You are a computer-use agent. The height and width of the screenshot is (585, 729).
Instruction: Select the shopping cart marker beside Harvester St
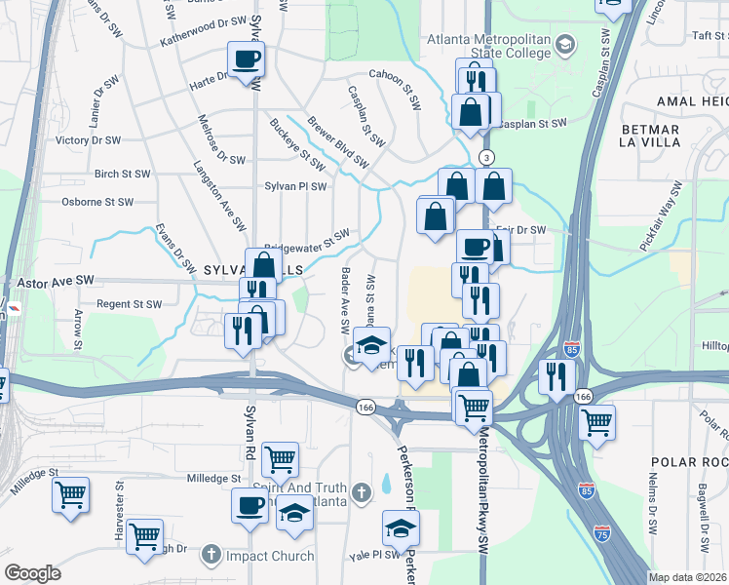145,535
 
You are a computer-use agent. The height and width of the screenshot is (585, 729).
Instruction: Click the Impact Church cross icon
211,556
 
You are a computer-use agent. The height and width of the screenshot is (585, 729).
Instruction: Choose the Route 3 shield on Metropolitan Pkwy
486,157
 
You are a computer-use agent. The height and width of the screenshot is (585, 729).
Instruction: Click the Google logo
32,573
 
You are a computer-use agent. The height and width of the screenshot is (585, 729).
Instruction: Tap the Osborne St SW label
96,202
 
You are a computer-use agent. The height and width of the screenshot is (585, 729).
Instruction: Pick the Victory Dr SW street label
89,140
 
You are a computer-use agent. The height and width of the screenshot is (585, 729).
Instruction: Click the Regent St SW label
129,304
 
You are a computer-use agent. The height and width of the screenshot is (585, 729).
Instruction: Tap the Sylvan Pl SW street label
295,185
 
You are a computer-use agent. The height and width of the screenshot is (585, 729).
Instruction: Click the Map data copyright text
686,577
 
